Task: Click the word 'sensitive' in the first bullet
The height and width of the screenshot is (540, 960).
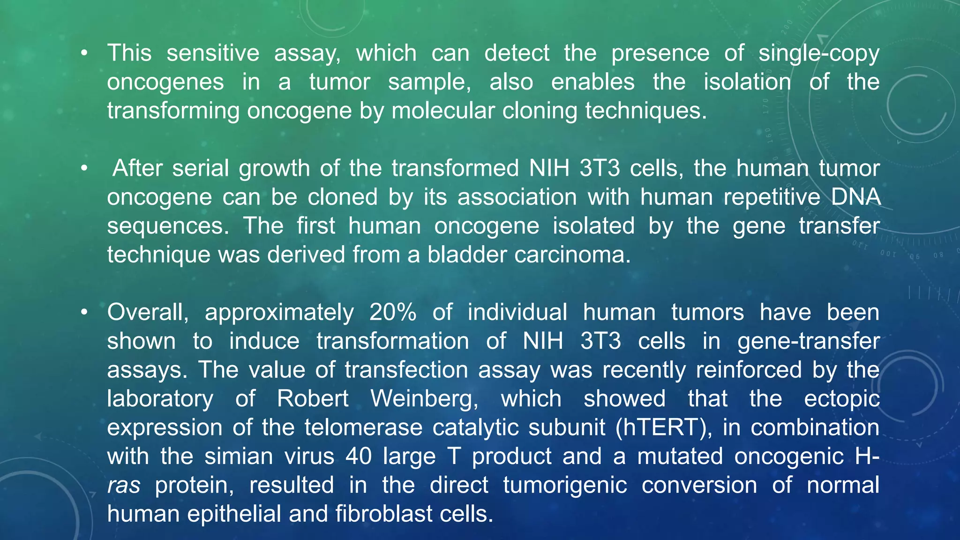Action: tap(213, 53)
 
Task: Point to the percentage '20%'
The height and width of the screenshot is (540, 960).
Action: tap(393, 312)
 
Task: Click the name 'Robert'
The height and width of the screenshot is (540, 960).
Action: tap(313, 399)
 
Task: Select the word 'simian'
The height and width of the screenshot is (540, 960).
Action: tap(239, 457)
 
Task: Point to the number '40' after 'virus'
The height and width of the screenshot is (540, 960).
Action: tap(359, 457)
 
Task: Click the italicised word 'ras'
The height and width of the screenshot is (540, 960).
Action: tap(124, 486)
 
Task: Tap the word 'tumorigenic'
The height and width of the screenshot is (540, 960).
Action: tap(565, 485)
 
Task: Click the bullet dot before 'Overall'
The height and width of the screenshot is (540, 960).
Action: tap(84, 313)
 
